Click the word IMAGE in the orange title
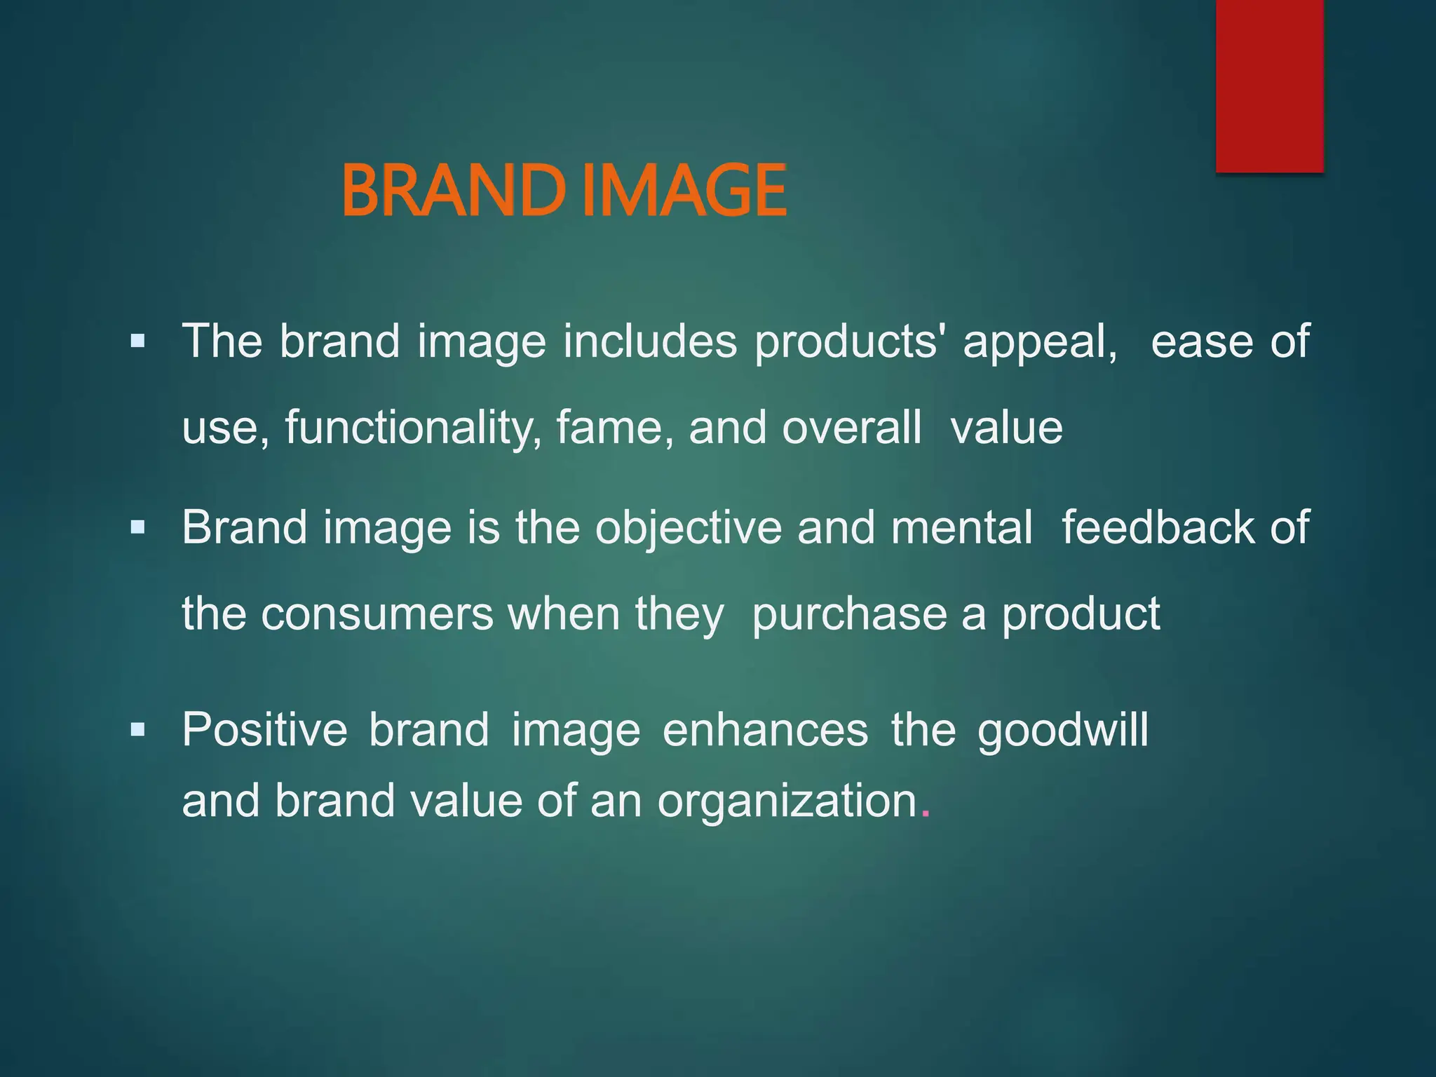click(684, 190)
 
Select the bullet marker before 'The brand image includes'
click(137, 342)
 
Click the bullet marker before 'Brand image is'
click(137, 527)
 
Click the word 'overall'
click(851, 428)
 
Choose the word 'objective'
click(688, 528)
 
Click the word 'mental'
click(961, 527)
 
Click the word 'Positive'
click(264, 730)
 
